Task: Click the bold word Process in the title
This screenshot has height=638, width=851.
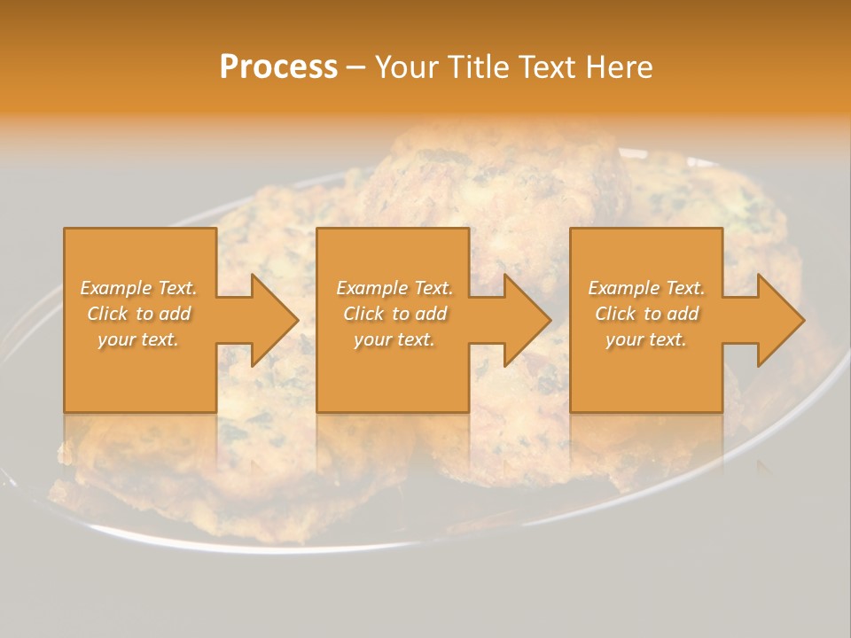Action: (278, 67)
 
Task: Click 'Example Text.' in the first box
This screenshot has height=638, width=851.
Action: (138, 288)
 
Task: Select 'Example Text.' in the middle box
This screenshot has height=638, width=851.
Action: (394, 288)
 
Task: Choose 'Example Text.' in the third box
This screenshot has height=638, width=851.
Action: (646, 288)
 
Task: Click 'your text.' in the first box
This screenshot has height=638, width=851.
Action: (138, 339)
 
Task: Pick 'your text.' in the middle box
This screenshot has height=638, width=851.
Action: (394, 339)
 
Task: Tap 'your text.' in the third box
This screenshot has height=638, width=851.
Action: (646, 339)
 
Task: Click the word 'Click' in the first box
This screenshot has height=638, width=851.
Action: (107, 314)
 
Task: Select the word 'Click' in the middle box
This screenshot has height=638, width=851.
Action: (363, 314)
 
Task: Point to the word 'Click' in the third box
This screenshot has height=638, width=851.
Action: (615, 314)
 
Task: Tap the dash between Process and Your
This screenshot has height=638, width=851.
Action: (355, 67)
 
